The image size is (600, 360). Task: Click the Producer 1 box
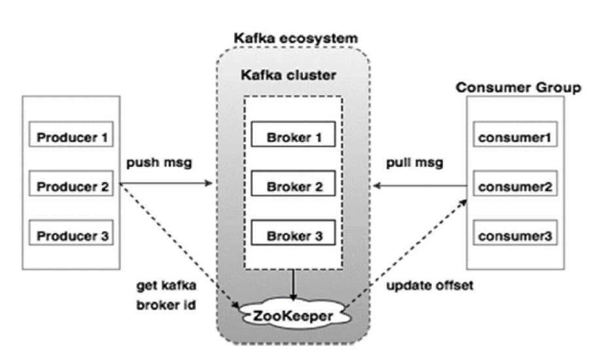pyautogui.click(x=71, y=139)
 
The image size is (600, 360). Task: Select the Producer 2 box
pyautogui.click(x=71, y=187)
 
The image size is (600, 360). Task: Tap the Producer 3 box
pyautogui.click(x=71, y=234)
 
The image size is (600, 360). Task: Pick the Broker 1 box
pyautogui.click(x=294, y=139)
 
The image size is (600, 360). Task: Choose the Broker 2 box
pyautogui.click(x=294, y=187)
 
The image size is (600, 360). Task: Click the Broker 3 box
pyautogui.click(x=294, y=234)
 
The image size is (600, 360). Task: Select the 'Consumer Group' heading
pyautogui.click(x=518, y=88)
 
